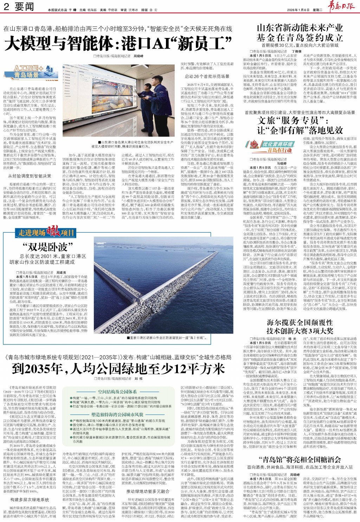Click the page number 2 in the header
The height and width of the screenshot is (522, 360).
tap(6, 7)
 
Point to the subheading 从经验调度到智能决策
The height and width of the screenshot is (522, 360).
tap(30, 176)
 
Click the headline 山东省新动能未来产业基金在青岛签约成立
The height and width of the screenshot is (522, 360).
tap(300, 33)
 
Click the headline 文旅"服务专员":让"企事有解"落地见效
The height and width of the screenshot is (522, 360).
tap(300, 125)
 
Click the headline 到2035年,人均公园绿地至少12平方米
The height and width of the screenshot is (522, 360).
tap(118, 369)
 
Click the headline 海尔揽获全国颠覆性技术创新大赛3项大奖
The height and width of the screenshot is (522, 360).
tap(300, 327)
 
